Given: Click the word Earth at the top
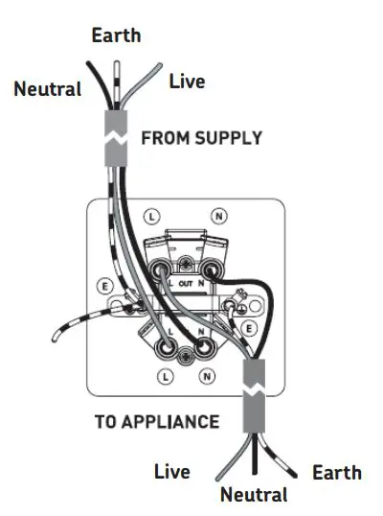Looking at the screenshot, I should point(116,35).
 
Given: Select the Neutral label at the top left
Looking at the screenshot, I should point(47,89).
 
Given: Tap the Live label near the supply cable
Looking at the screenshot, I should point(187,82).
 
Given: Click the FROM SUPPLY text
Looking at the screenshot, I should point(201,138).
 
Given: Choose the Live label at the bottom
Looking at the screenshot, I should point(171,472).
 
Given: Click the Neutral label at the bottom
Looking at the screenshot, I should point(253,495).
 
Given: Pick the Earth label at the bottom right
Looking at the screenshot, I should point(337,472).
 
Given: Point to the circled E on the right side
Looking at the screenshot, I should point(248,327).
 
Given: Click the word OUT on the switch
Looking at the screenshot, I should point(186,284).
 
